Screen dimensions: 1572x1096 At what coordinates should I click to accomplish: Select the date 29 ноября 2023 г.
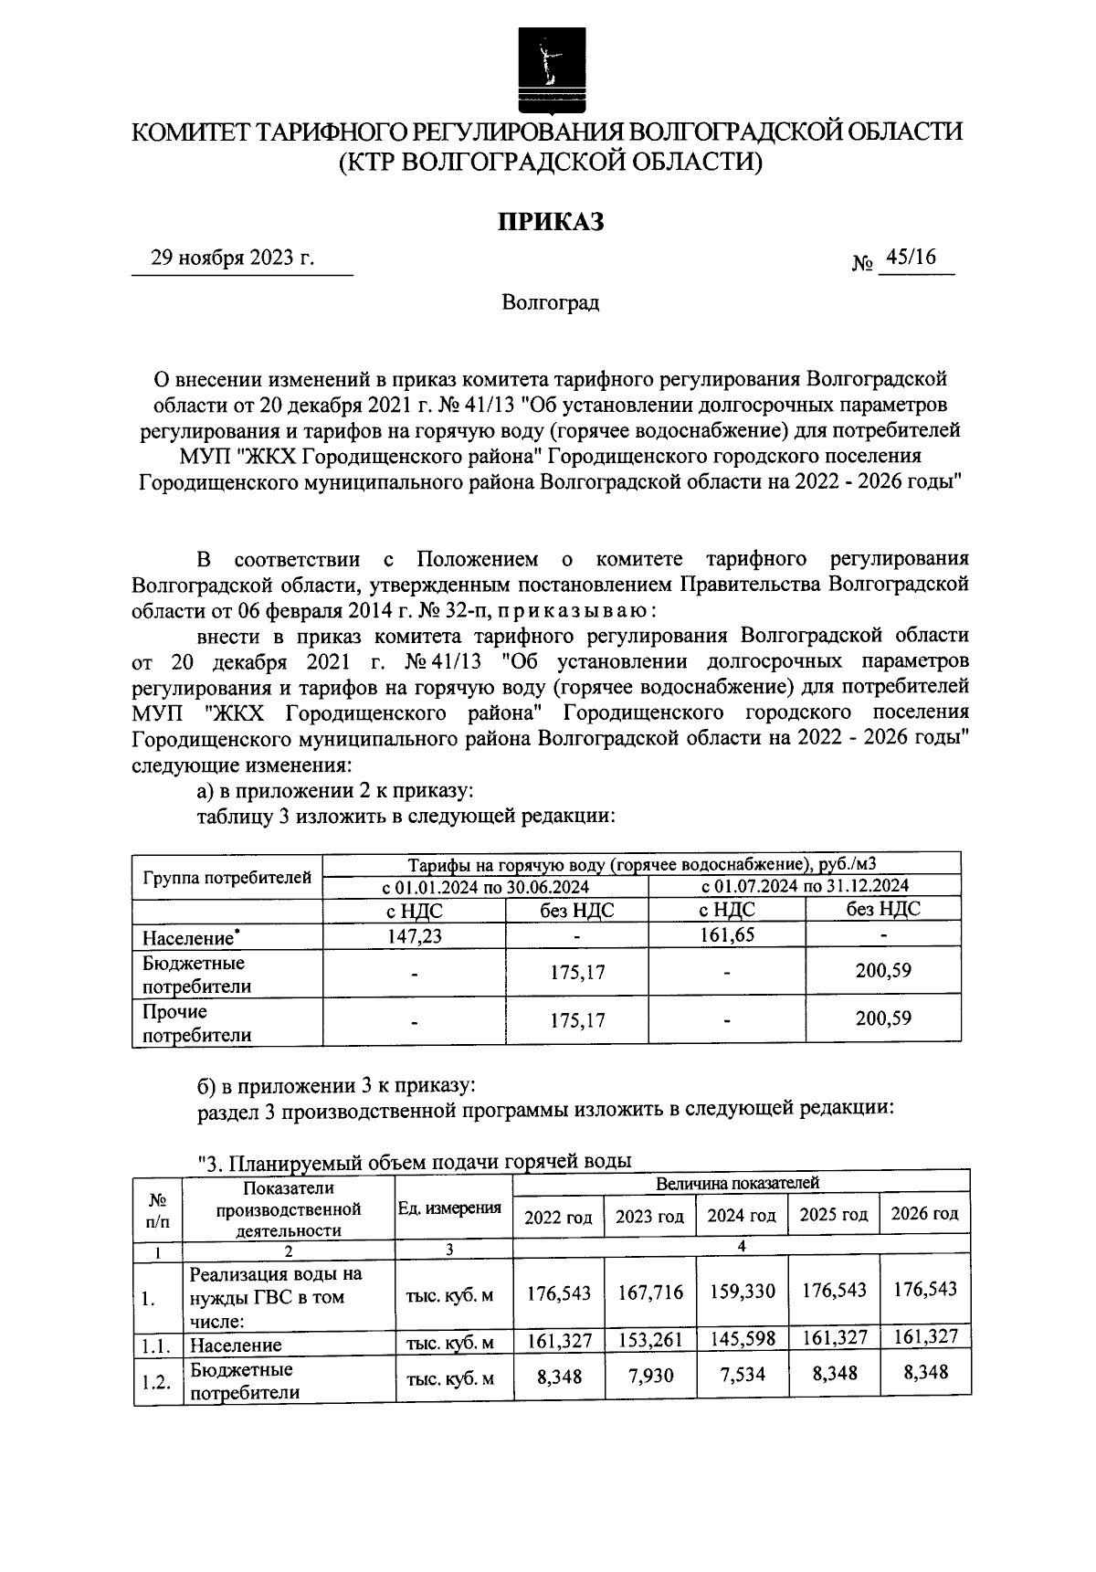233,258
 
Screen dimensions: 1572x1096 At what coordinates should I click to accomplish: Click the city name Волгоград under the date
550,302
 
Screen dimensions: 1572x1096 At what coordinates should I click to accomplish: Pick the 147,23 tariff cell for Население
416,935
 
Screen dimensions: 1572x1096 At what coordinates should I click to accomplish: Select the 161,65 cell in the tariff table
727,934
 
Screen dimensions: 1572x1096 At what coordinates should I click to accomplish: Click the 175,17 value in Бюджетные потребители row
577,972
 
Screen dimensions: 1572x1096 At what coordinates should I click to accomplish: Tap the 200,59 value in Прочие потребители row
882,1018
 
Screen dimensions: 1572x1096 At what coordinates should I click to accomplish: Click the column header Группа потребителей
227,879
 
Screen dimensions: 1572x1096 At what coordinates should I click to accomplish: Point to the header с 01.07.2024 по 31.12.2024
804,886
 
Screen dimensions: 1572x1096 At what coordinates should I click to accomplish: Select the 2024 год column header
742,1216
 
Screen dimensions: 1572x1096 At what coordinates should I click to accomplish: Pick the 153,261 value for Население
649,1340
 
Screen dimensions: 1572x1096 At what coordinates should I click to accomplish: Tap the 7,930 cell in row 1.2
649,1375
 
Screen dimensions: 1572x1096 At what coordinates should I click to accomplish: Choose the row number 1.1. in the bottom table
157,1344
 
